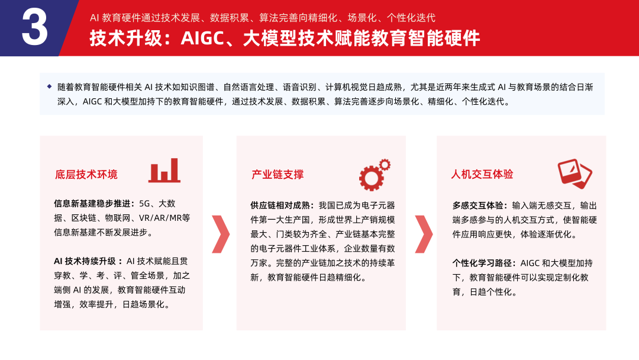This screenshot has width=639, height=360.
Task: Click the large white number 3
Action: click(x=34, y=28)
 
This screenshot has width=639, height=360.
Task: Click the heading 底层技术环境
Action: click(x=86, y=175)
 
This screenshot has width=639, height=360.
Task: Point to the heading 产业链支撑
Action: click(x=277, y=175)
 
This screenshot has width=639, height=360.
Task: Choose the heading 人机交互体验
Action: click(x=482, y=175)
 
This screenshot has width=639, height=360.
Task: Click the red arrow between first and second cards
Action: click(x=220, y=234)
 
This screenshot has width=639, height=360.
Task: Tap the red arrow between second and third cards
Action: click(x=422, y=234)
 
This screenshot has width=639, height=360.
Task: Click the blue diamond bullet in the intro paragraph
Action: click(x=49, y=86)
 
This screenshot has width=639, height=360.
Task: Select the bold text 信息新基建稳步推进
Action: click(x=92, y=203)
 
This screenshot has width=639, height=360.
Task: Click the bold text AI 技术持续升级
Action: click(x=87, y=261)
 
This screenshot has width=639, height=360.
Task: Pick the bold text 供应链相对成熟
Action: click(x=282, y=205)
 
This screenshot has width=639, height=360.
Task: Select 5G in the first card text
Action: click(x=145, y=203)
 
